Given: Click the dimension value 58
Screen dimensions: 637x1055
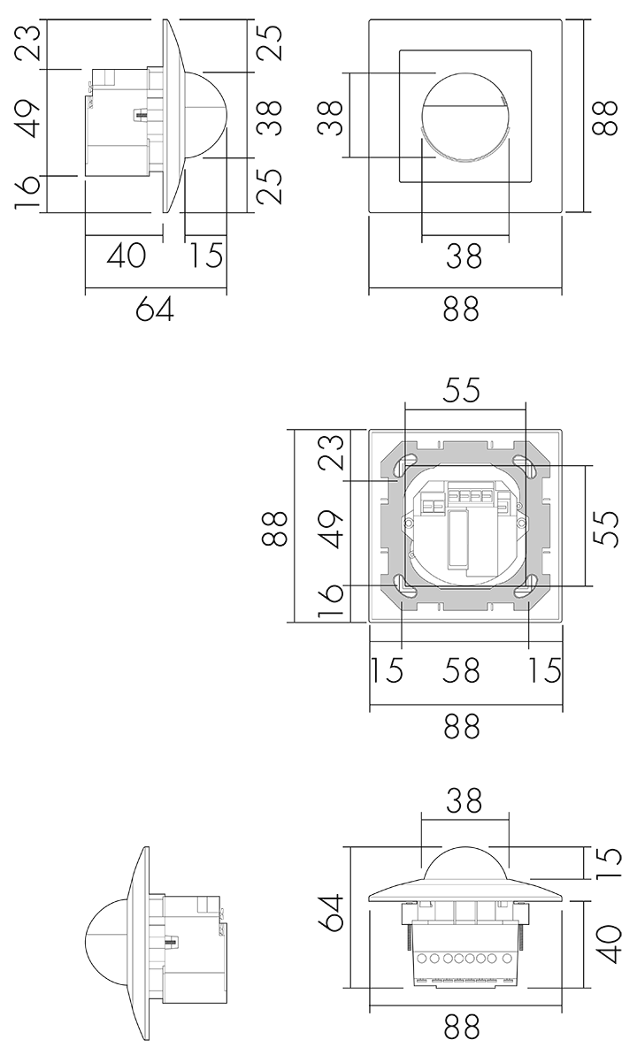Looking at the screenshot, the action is tap(462, 670).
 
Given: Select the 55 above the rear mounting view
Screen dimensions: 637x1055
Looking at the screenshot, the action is tap(462, 390).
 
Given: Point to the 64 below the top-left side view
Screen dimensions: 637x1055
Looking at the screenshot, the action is tap(155, 309).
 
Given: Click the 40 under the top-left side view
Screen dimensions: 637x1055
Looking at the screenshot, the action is tap(126, 256).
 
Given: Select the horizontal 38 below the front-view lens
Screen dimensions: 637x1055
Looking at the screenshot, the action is tap(464, 256).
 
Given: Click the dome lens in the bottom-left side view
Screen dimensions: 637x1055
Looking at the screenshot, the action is tap(105, 931).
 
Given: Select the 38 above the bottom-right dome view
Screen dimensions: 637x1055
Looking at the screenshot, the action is tap(464, 800).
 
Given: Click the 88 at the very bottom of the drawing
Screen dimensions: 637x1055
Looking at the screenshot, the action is tap(462, 1028).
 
